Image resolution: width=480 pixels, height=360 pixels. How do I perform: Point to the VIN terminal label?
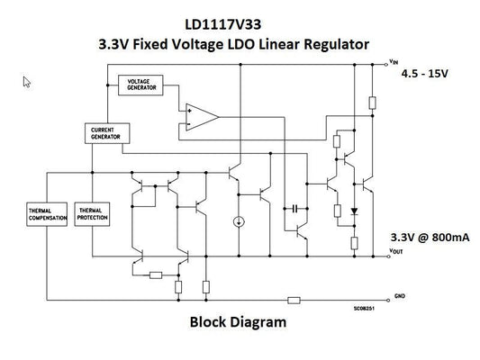[393, 61]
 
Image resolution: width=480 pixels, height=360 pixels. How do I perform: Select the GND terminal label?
[400, 294]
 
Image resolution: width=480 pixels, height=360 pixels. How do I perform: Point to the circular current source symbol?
[240, 221]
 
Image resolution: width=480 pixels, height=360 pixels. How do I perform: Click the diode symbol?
[354, 215]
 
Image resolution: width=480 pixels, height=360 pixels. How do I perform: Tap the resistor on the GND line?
[293, 301]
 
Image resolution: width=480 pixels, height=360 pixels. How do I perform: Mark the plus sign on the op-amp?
[188, 110]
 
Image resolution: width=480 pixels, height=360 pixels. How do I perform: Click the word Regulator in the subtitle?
[337, 43]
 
